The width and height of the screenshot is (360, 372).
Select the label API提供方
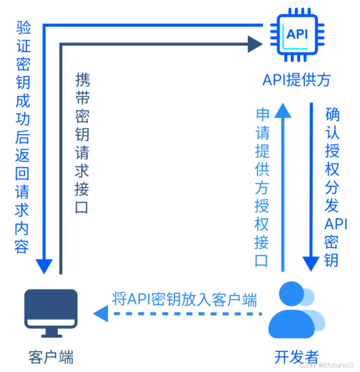pyautogui.click(x=297, y=80)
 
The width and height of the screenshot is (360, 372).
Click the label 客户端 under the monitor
pyautogui.click(x=51, y=357)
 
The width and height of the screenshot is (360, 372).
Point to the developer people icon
pyautogui.click(x=294, y=310)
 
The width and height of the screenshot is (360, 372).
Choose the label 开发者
pyautogui.click(x=297, y=357)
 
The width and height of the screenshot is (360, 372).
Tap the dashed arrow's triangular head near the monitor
pyautogui.click(x=101, y=313)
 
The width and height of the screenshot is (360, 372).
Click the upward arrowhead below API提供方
pyautogui.click(x=283, y=110)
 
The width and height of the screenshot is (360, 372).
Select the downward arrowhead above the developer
pyautogui.click(x=311, y=263)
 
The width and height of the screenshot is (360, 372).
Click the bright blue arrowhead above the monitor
pyautogui.click(x=44, y=266)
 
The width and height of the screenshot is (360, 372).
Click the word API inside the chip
pyautogui.click(x=297, y=34)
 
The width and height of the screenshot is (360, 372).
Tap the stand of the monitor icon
pyautogui.click(x=51, y=332)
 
